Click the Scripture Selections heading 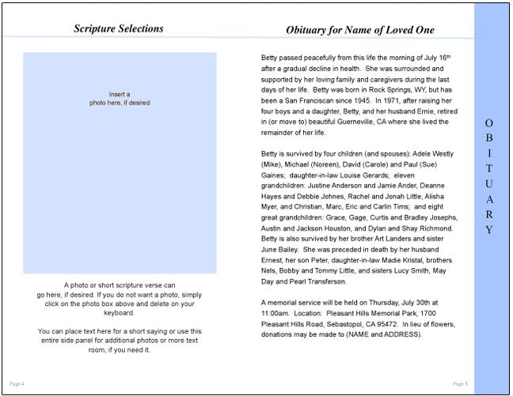[x=119, y=28]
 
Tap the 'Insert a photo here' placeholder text [x=120, y=99]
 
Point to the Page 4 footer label [x=17, y=383]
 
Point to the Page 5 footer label [x=459, y=383]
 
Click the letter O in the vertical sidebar [x=488, y=123]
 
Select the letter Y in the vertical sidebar [x=488, y=230]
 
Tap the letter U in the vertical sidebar [x=488, y=183]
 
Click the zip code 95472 [x=382, y=322]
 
